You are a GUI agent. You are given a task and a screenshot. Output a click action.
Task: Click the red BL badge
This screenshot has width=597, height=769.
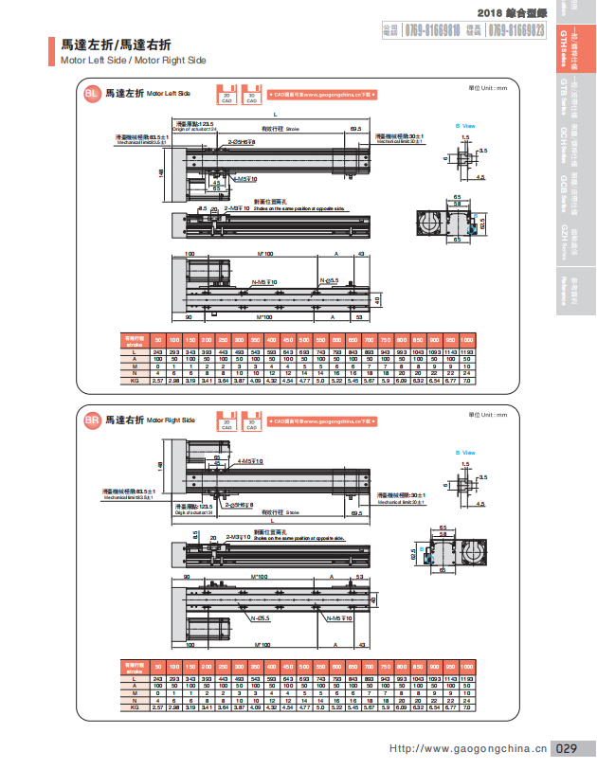[x=91, y=94]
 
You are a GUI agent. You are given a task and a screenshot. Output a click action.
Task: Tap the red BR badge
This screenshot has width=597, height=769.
[x=91, y=419]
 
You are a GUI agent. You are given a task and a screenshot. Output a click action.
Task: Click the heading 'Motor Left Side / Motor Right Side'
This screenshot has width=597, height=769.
[x=133, y=60]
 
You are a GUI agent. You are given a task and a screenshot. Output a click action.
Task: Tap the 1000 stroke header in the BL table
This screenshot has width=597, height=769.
[x=466, y=339]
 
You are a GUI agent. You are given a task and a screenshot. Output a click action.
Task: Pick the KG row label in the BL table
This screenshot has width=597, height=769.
[x=135, y=380]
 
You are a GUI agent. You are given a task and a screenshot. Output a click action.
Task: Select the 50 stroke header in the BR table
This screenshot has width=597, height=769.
[x=158, y=668]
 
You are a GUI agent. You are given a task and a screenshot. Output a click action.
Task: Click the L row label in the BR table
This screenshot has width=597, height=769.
[x=135, y=681]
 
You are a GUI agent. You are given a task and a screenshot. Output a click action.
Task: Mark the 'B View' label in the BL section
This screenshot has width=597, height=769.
[x=465, y=125]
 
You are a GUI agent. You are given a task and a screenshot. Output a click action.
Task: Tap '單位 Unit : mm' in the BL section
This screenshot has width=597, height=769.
[x=488, y=87]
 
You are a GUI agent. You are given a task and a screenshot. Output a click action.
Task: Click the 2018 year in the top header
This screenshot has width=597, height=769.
[x=490, y=12]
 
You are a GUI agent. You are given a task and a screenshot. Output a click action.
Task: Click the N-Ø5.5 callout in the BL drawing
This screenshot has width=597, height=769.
[x=330, y=280]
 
